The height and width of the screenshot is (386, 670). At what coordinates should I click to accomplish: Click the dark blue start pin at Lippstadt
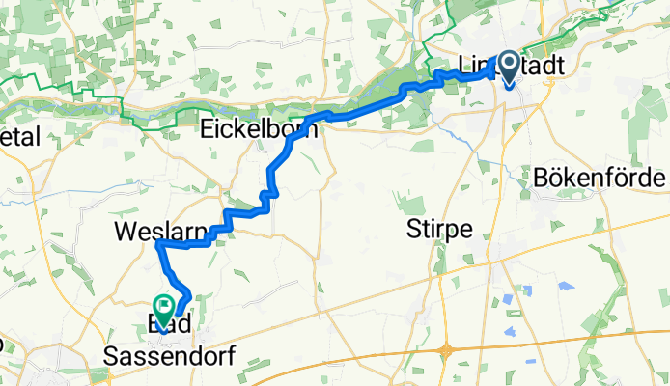click(508, 69)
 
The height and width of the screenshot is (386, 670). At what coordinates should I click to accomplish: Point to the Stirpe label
click(439, 230)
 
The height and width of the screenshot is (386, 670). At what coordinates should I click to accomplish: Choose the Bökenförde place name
click(599, 179)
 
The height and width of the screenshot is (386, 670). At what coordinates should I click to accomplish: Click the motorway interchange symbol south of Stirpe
click(448, 349)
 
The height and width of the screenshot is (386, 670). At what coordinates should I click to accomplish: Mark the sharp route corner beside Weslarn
click(157, 244)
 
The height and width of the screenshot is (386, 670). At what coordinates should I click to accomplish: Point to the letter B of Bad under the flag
click(150, 327)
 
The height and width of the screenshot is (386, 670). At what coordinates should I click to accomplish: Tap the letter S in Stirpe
click(414, 230)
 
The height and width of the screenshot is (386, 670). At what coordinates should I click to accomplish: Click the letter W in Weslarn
click(124, 232)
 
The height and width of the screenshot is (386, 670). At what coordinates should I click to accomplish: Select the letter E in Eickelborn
click(207, 128)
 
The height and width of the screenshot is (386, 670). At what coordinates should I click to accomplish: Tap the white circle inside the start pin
click(508, 64)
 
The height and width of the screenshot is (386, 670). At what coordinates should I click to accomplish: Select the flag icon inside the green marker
click(164, 306)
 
